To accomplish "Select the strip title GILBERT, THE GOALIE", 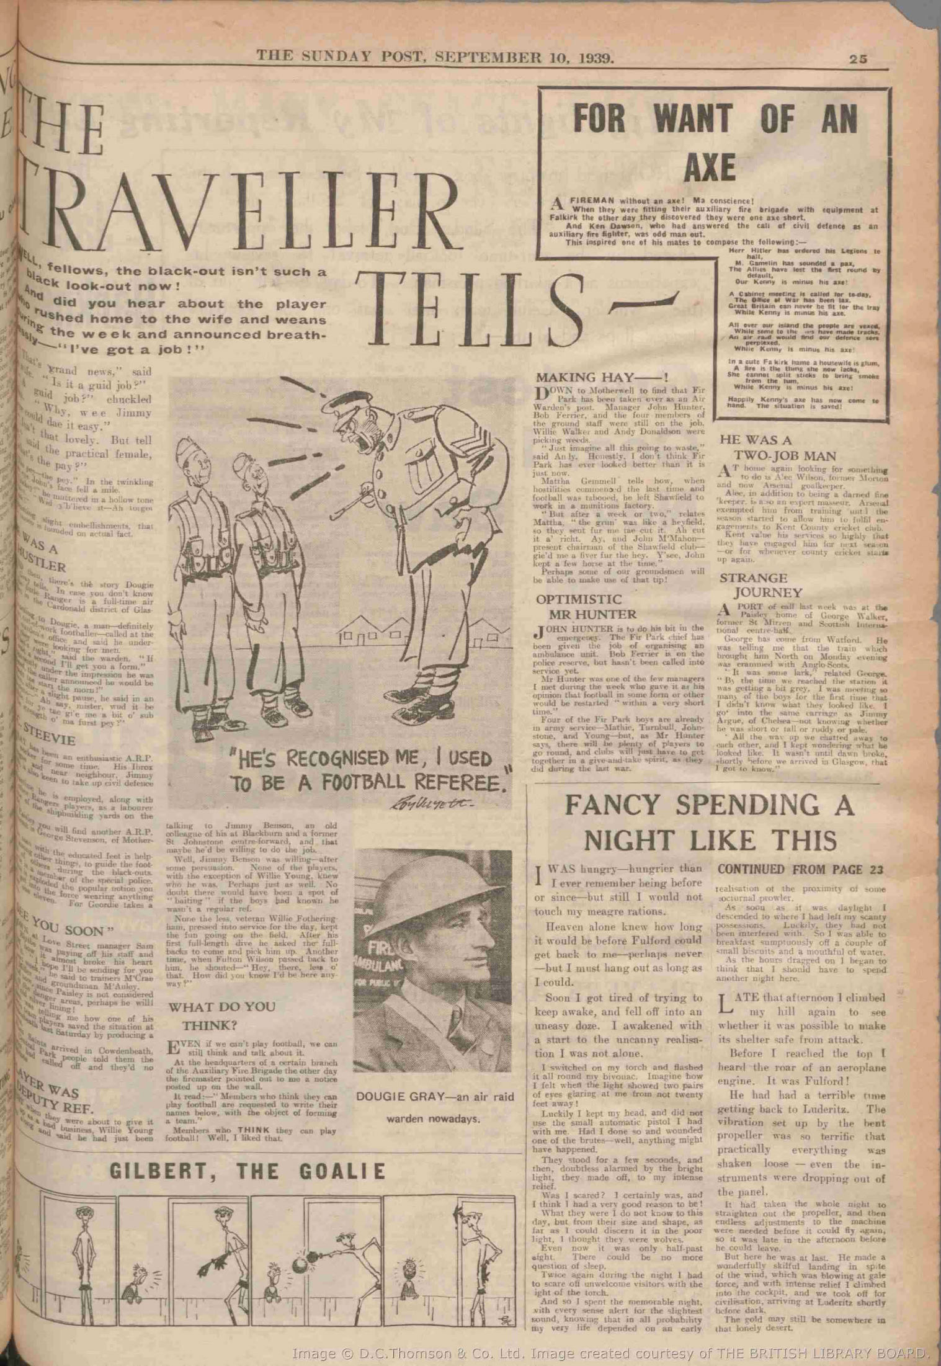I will click(248, 1171).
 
